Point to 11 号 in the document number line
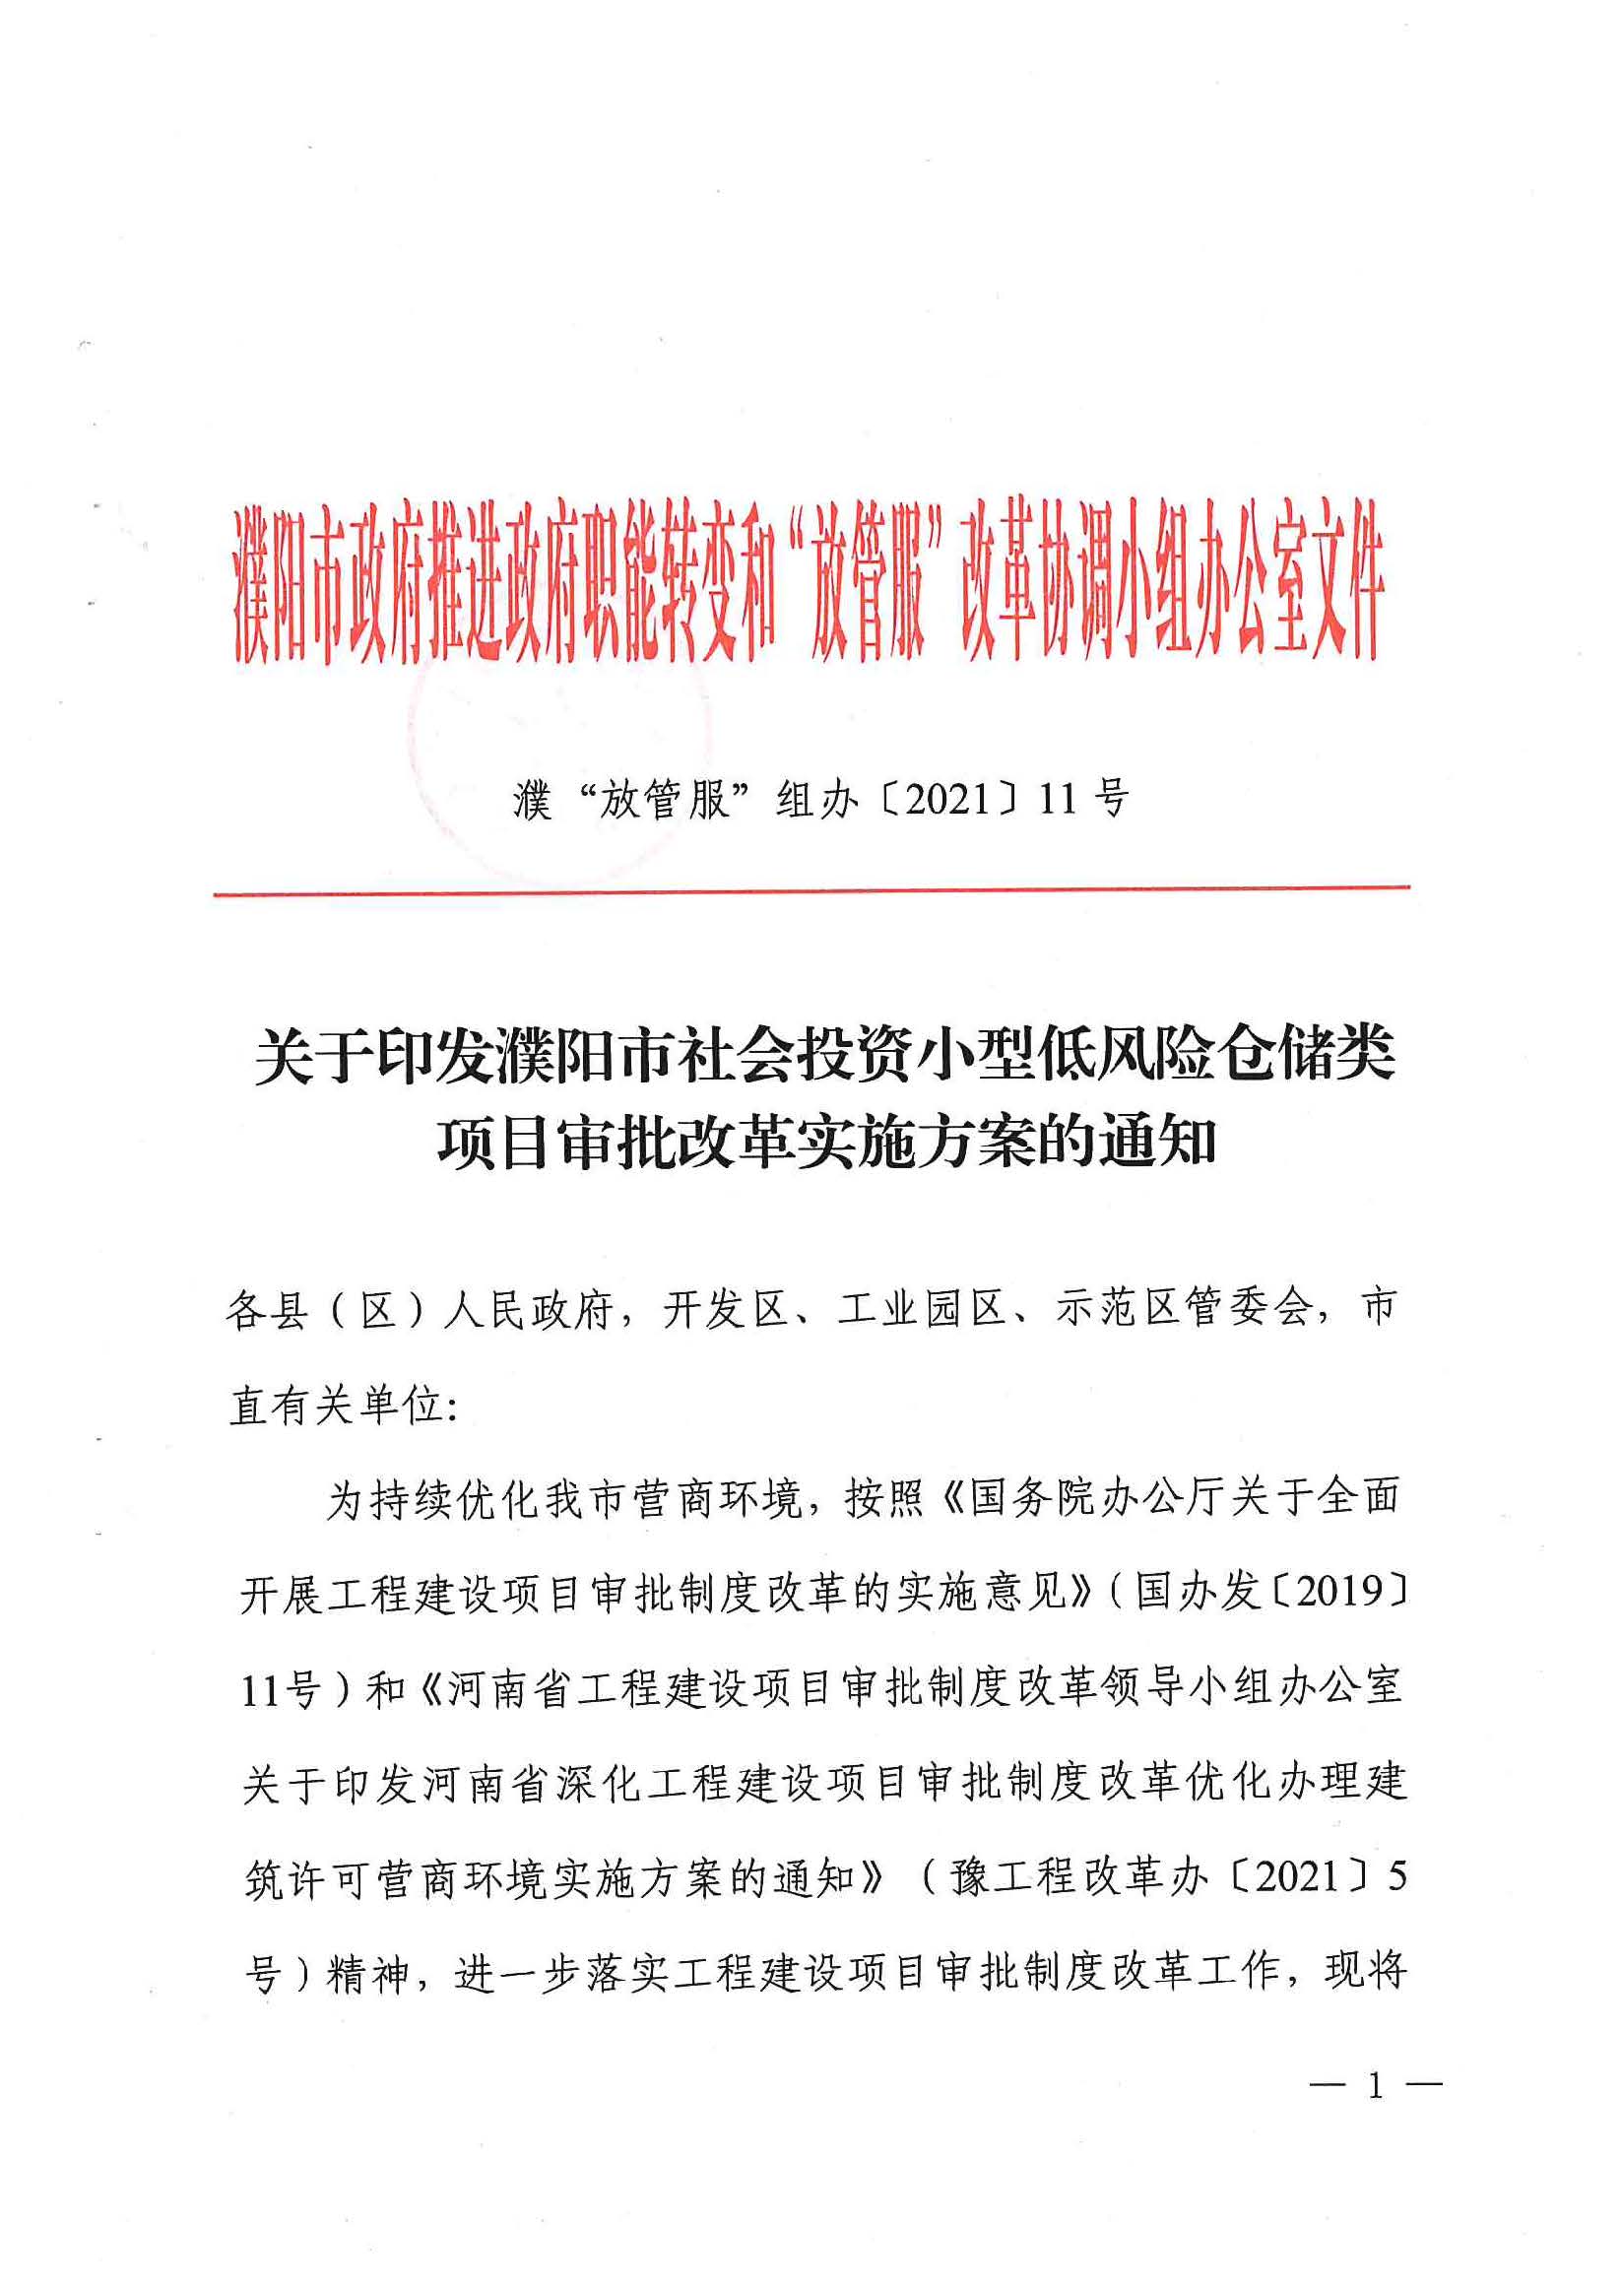pos(1082,800)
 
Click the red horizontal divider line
pos(811,889)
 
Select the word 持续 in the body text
pos(413,1500)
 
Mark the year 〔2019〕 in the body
pos(1339,1592)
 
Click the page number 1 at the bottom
pos(1376,2086)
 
